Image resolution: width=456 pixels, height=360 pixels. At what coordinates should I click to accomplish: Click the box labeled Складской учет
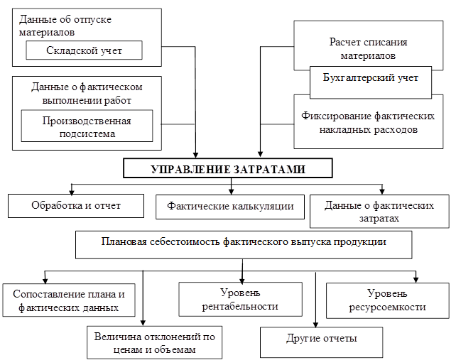tap(84, 50)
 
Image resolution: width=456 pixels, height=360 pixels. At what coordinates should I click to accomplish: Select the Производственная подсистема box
tap(87, 126)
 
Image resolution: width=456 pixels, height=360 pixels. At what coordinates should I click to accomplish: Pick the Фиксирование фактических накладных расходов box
tap(368, 123)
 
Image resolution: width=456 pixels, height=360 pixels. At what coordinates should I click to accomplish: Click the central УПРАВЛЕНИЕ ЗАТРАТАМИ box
tap(229, 169)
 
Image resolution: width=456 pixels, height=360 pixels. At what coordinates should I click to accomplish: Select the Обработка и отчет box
tap(76, 206)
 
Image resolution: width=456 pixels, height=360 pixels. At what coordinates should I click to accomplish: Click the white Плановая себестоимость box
tap(244, 243)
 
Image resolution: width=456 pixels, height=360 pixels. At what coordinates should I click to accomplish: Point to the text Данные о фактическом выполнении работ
tap(87, 93)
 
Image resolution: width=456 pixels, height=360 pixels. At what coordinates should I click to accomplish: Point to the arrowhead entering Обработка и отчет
tap(71, 191)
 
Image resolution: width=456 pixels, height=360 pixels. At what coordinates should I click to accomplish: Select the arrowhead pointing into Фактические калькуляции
tap(229, 191)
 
